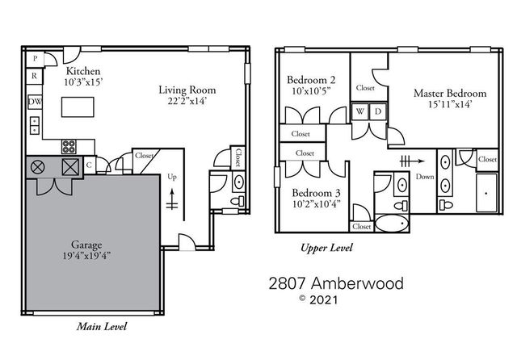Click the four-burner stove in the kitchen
click(x=70, y=147)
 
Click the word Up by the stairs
click(x=170, y=176)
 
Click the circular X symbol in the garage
click(x=37, y=168)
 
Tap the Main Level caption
click(x=103, y=327)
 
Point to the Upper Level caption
click(x=326, y=249)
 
